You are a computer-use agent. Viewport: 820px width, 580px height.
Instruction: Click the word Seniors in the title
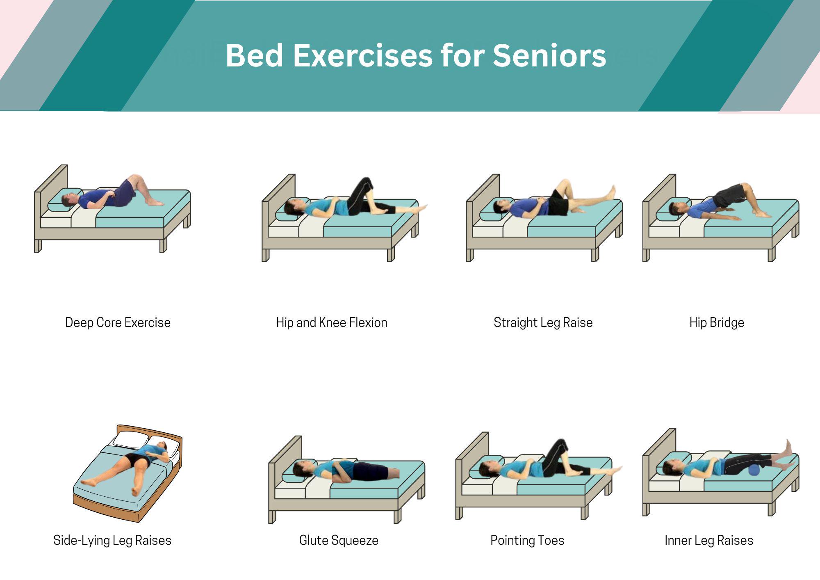(549, 55)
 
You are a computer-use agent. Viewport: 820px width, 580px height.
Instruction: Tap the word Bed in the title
(255, 55)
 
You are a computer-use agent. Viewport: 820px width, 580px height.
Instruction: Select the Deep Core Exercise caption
(118, 322)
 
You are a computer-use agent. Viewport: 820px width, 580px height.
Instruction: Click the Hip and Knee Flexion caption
(332, 322)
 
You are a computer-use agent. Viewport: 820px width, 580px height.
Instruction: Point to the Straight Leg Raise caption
(543, 322)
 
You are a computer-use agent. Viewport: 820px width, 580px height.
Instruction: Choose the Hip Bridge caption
(717, 322)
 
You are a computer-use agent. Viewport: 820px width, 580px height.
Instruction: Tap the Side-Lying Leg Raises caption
(112, 540)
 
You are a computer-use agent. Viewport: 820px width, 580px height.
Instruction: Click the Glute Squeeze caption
(339, 540)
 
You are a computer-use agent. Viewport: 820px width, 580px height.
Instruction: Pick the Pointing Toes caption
(527, 540)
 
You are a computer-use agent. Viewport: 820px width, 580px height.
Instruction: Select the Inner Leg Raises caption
(709, 540)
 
